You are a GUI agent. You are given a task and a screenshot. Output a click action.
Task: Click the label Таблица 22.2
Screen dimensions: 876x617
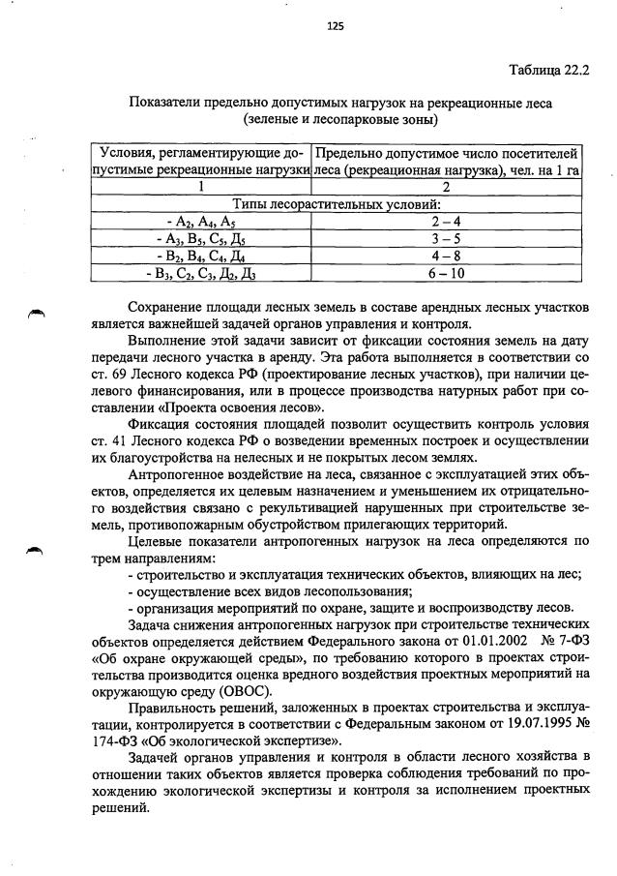[548, 71]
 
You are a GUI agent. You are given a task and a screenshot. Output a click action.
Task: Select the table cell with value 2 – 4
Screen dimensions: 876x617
[448, 221]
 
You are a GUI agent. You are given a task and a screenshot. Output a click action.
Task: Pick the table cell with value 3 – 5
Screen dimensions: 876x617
[448, 238]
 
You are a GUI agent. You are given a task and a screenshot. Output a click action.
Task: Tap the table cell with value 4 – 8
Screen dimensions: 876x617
[448, 256]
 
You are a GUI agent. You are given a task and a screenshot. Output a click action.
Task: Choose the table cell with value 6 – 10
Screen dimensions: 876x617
[448, 273]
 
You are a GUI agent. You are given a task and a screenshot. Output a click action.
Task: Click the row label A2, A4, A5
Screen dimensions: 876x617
[200, 221]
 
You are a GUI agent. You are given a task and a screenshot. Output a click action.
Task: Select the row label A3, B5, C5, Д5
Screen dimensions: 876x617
[200, 238]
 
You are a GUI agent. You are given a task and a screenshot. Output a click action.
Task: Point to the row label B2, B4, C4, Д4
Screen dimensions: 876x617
[200, 256]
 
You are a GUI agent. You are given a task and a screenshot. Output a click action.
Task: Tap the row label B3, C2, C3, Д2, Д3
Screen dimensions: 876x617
[200, 273]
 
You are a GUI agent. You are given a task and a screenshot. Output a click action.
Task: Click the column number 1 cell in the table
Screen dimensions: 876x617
[200, 187]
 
